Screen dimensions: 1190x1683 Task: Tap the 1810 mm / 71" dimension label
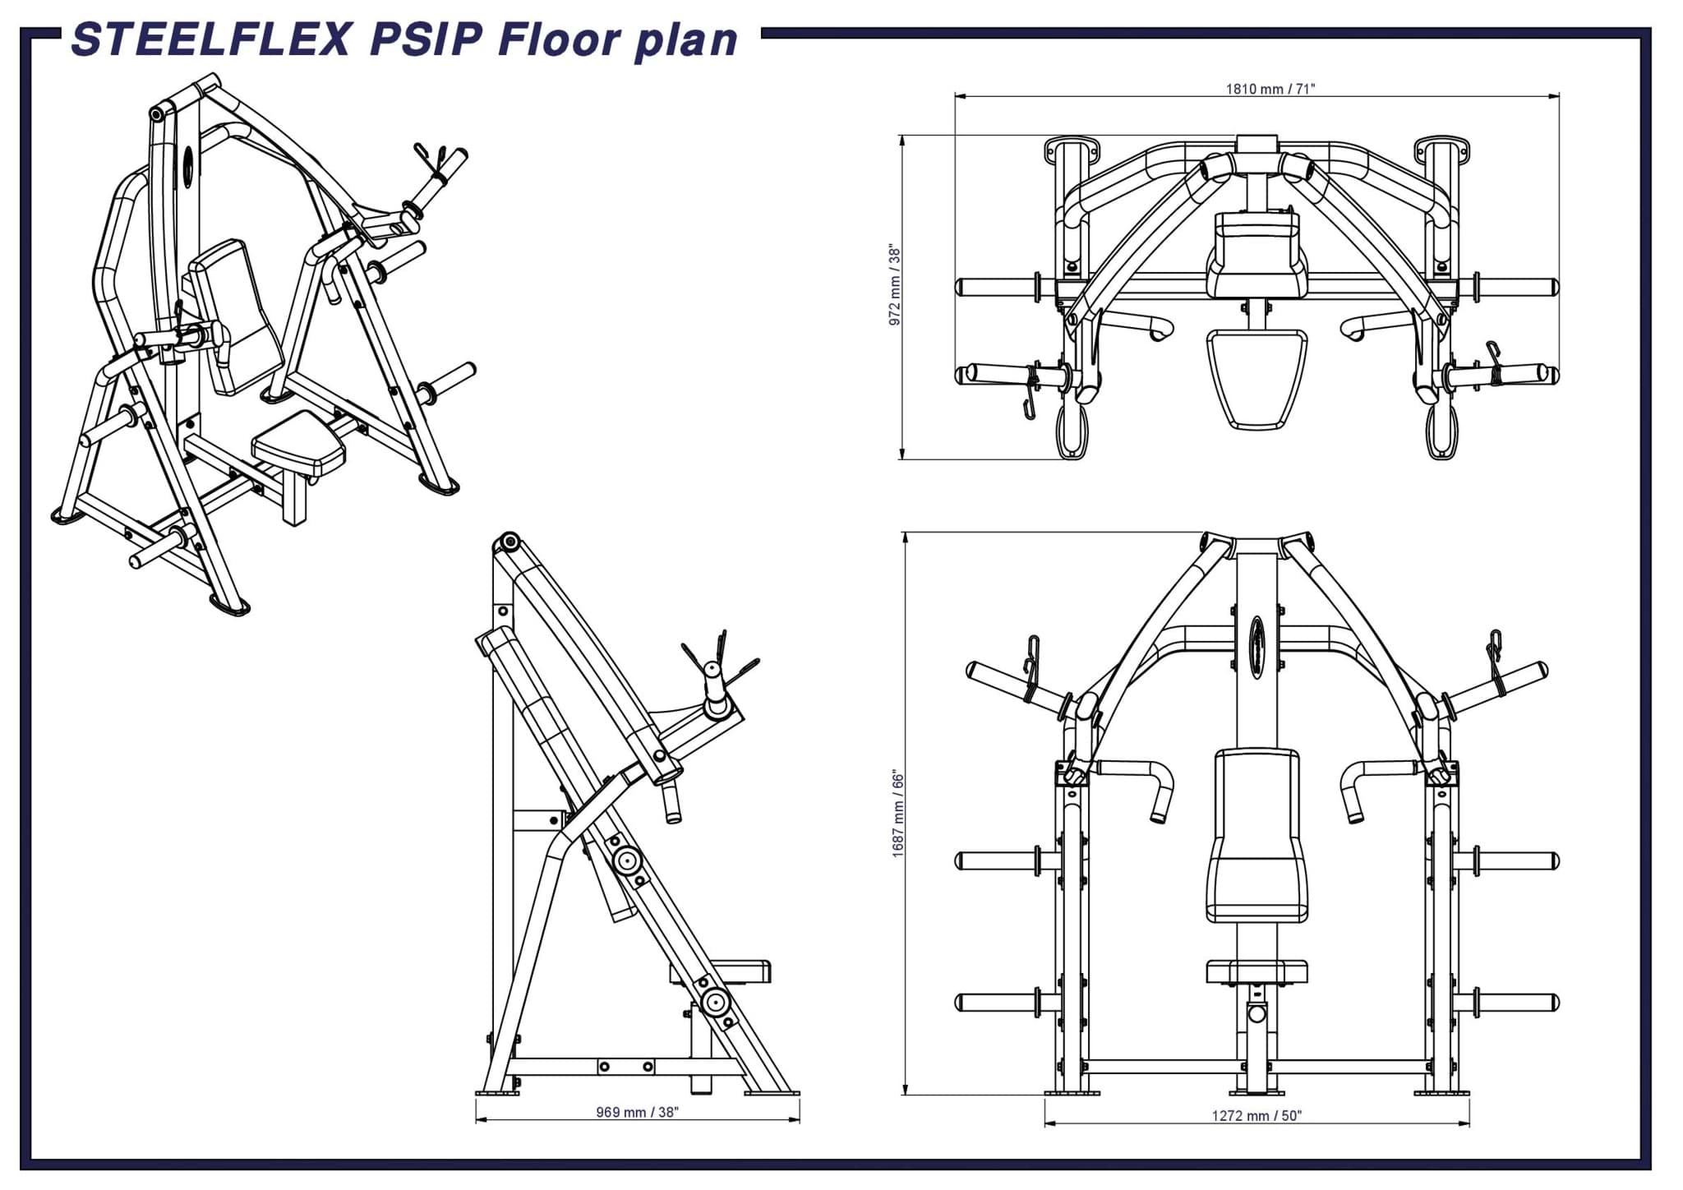point(1270,89)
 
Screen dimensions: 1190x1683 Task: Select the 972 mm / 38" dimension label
point(895,285)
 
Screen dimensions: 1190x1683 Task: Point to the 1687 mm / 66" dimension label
point(898,814)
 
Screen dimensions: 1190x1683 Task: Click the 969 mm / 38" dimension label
point(637,1112)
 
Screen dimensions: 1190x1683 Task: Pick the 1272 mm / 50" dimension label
point(1256,1115)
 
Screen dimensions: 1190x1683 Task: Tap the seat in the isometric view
point(297,446)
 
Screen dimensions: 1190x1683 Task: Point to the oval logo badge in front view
point(1256,649)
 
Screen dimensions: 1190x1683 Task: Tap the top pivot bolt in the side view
point(510,542)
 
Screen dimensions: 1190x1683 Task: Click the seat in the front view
point(1256,971)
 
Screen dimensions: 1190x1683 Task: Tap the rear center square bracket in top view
point(1256,144)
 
